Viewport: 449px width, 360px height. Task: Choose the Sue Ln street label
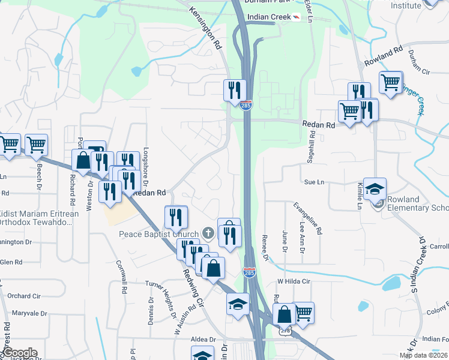tap(314, 181)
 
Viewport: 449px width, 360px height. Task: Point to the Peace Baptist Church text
tap(159, 233)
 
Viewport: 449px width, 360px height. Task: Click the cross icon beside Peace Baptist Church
tap(208, 232)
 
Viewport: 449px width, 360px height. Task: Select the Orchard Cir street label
tap(24, 296)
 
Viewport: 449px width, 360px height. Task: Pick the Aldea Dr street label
tap(199, 339)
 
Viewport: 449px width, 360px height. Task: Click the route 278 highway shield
tap(286, 331)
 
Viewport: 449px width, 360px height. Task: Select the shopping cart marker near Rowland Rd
tap(390, 82)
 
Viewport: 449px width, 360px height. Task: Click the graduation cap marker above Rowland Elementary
tap(375, 188)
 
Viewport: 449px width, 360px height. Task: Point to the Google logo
tap(19, 353)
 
